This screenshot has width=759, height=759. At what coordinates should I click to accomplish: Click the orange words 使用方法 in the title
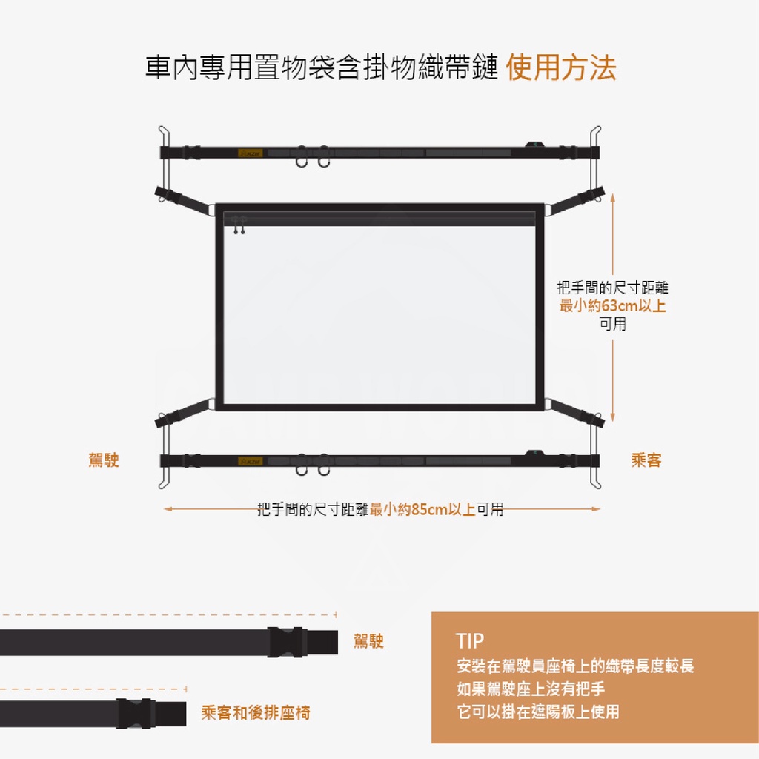pos(561,67)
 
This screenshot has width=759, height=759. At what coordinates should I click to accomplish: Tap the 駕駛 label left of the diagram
pos(104,460)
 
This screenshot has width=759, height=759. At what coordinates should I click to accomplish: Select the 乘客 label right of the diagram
pos(646,460)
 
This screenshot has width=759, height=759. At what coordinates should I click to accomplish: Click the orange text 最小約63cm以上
pos(612,306)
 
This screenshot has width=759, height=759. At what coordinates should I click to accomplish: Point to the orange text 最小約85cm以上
pos(422,509)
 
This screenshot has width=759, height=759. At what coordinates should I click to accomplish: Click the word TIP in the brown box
pos(469,641)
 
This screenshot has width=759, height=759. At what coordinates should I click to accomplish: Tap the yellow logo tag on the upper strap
pos(251,153)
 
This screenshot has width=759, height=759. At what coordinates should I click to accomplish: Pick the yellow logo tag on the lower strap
pos(251,461)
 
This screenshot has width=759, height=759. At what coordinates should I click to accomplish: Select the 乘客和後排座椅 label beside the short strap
pos(256,712)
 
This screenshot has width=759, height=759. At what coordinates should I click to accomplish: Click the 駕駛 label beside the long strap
pos(368,641)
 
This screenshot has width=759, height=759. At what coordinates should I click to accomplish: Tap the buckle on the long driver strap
pos(286,643)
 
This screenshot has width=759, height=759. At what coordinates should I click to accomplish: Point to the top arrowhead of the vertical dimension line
pos(613,197)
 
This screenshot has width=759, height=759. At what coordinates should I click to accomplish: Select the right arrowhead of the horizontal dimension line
pos(596,509)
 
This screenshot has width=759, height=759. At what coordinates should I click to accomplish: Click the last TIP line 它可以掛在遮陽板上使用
pos(538,712)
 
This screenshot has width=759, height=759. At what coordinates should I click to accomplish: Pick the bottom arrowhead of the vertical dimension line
pos(613,418)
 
